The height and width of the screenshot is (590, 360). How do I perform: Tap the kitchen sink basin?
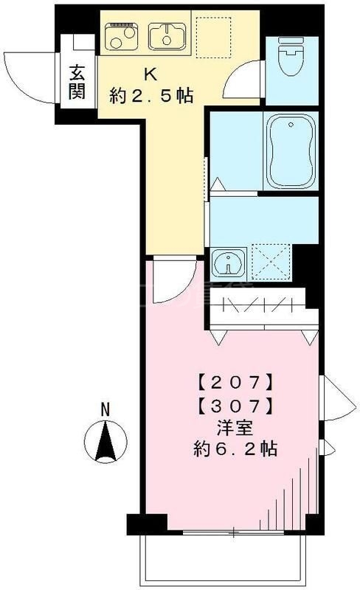coord(167,34)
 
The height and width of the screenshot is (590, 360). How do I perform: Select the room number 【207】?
coord(238,383)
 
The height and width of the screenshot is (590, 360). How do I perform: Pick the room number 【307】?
coord(238,405)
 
